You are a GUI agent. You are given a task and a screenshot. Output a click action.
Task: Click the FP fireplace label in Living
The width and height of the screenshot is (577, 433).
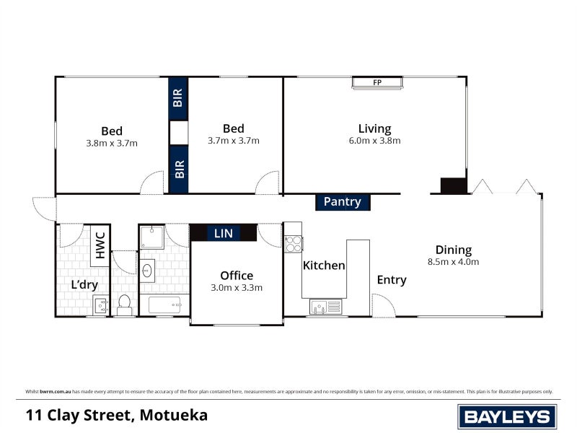click(x=376, y=83)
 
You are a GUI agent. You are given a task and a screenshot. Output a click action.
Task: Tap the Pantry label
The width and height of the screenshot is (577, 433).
click(x=342, y=202)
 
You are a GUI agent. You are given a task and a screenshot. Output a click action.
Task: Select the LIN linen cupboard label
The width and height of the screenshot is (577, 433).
click(x=223, y=233)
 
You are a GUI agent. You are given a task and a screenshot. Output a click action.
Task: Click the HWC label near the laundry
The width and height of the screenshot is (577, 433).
click(x=100, y=245)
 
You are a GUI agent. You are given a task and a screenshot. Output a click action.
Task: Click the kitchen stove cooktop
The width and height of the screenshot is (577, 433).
click(x=293, y=244)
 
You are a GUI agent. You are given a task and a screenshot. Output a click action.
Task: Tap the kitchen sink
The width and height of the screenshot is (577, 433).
click(x=325, y=307)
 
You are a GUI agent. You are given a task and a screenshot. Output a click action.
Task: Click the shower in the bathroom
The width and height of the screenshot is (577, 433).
click(x=151, y=237)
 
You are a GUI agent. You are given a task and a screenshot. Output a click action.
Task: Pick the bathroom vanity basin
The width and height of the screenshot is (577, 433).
click(x=148, y=271)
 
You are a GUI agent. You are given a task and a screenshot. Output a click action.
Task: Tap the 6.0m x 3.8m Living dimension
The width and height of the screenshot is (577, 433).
click(x=374, y=141)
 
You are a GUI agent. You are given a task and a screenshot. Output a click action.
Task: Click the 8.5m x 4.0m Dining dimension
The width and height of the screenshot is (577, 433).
click(x=453, y=262)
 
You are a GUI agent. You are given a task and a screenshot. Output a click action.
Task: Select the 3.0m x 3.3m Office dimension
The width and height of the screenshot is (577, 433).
click(x=237, y=287)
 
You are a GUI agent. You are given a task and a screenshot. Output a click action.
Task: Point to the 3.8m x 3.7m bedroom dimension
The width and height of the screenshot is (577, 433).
click(x=112, y=143)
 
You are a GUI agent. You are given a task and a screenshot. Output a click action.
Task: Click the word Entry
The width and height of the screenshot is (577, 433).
click(x=392, y=280)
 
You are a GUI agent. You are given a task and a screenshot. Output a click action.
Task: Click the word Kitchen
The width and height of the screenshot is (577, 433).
click(x=324, y=266)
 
